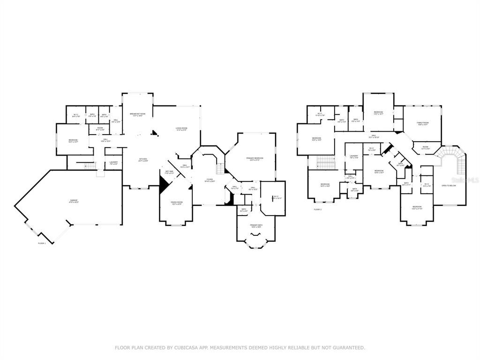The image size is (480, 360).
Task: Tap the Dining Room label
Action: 177,203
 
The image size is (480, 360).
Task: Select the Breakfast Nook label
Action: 137,114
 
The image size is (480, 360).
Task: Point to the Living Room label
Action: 181,129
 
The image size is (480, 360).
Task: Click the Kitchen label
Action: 143,160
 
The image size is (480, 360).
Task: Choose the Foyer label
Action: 210,180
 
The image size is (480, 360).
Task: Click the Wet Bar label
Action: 169,172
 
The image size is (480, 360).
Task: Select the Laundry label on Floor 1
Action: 113,163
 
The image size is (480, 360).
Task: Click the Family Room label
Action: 423,123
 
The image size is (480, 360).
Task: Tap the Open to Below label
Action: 449,186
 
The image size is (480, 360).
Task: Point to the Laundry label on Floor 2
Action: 353,157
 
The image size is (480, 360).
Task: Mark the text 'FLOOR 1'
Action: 42,243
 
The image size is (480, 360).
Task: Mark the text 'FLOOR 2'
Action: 318,210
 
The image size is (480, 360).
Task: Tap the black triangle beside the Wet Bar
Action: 163,185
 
